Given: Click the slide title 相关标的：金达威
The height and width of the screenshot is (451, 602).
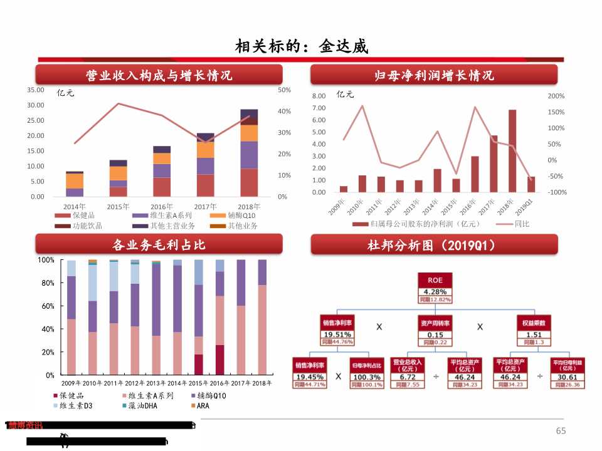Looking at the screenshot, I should [x=301, y=46].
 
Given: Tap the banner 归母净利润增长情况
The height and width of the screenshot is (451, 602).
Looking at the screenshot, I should [x=434, y=75].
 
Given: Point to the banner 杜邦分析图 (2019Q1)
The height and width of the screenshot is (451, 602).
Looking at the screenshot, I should [x=434, y=245].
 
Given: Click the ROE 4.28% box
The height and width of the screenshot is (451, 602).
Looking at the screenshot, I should [x=435, y=288].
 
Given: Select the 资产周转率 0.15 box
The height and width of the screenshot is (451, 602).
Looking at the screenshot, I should [x=435, y=331].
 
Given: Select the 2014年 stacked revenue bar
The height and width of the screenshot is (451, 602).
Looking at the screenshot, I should [x=75, y=184].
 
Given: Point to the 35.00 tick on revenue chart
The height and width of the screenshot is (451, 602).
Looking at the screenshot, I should [x=36, y=90].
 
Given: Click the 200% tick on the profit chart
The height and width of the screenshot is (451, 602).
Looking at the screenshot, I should [x=556, y=96].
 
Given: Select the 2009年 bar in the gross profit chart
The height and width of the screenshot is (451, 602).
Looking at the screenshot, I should [x=71, y=317].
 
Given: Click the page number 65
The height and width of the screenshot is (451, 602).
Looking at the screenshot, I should [x=561, y=430].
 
